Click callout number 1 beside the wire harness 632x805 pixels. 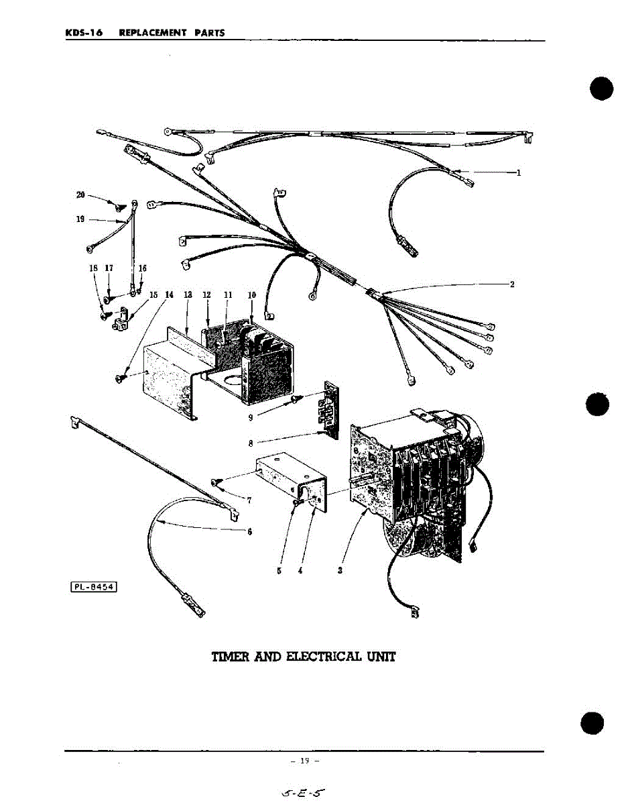(518, 172)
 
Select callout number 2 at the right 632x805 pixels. (512, 284)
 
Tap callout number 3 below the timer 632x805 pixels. (340, 571)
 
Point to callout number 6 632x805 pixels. (249, 532)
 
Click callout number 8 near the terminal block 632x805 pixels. (250, 443)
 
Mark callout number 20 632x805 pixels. (80, 195)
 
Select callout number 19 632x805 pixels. (80, 219)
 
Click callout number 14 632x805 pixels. (170, 294)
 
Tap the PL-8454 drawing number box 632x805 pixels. (94, 588)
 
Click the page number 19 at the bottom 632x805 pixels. (305, 761)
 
